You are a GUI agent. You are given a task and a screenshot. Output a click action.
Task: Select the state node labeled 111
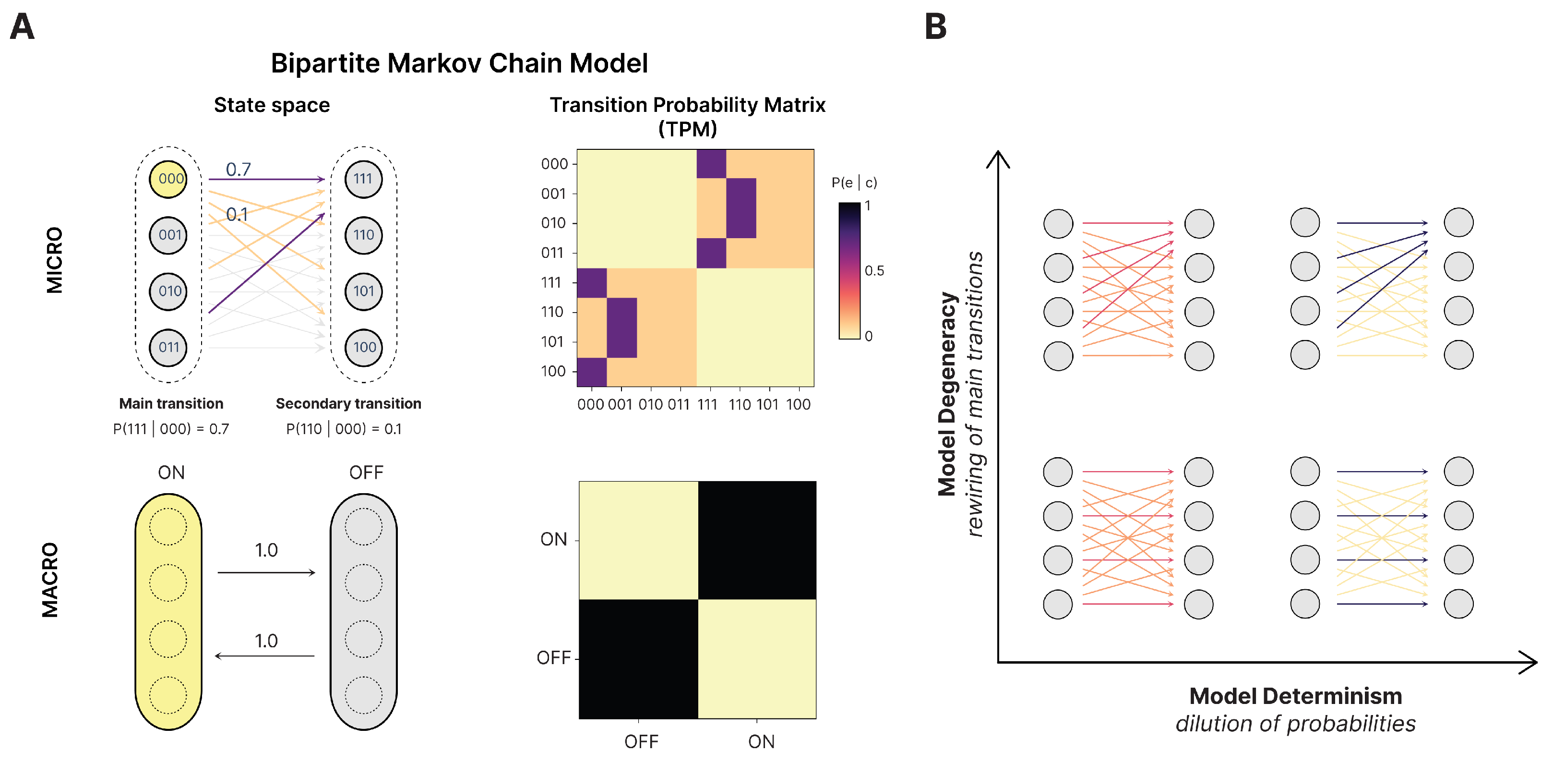point(363,179)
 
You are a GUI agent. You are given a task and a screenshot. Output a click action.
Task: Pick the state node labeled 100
point(363,347)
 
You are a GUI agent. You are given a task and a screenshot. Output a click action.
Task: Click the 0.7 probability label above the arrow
point(238,170)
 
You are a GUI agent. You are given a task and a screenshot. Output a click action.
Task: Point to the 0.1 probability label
point(237,214)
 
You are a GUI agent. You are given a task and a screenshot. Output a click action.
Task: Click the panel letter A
point(22,27)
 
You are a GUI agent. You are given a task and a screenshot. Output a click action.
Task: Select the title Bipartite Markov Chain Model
point(459,63)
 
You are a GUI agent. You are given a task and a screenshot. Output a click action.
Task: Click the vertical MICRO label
point(54,260)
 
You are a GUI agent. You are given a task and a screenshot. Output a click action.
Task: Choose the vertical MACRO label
point(50,580)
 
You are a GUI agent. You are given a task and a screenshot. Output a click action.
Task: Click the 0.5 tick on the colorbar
point(874,271)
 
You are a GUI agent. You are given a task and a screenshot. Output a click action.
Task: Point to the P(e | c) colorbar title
point(854,182)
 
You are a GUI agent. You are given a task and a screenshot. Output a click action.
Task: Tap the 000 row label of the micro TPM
point(554,164)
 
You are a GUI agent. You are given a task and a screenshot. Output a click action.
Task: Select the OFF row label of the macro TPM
point(553,657)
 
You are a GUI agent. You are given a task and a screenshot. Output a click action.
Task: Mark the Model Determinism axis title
point(1295,696)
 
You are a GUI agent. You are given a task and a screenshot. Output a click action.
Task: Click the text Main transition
point(171,403)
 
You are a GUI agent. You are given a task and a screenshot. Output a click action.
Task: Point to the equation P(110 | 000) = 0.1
point(344,429)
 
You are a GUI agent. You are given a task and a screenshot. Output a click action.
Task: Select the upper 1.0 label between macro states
point(266,550)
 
